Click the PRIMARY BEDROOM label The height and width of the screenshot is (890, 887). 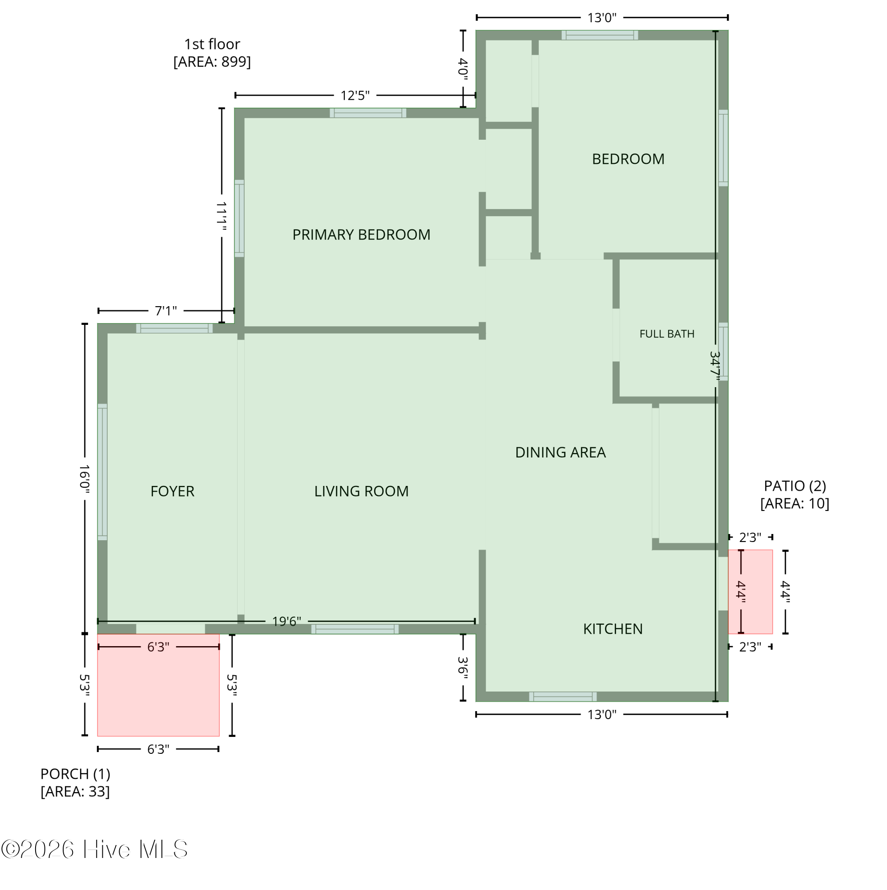tap(361, 235)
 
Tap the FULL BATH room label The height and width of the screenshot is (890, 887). tap(667, 334)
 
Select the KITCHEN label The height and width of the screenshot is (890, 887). tap(613, 629)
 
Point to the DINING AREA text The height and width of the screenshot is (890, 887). tap(560, 453)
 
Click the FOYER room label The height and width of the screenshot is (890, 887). tap(172, 492)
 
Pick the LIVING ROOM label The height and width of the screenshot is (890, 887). tap(362, 492)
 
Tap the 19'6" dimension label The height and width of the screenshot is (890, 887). tap(286, 622)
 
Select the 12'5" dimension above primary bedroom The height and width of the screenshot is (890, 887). tap(355, 96)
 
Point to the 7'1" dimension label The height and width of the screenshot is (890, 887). tap(166, 311)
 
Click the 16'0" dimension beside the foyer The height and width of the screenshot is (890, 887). tap(84, 479)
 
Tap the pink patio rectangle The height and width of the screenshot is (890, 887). tap(750, 592)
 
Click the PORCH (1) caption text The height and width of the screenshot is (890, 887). tap(76, 774)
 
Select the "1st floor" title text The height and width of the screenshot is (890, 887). tap(212, 44)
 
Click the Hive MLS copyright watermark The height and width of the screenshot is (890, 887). tap(94, 849)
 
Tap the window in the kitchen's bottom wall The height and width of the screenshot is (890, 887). tap(563, 696)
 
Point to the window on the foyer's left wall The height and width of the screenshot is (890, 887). tap(102, 472)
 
